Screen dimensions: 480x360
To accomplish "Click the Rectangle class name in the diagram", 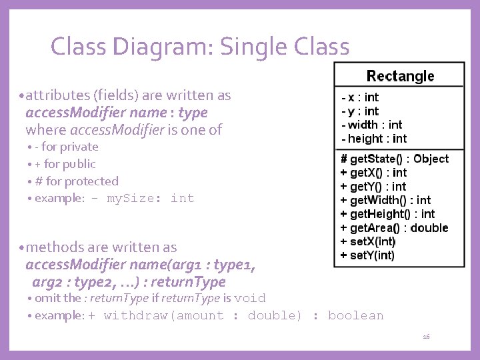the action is [x=400, y=76].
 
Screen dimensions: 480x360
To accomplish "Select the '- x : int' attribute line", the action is [x=360, y=97].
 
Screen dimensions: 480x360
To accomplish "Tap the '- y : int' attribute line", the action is [x=360, y=111].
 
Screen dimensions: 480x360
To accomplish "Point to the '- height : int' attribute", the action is [x=373, y=139].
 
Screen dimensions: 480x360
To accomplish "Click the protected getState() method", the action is [x=395, y=159].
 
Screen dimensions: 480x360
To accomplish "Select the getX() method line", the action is [x=373, y=173].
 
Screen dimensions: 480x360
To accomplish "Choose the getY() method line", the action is [x=373, y=187].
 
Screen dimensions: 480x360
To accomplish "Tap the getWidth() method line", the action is [x=385, y=200].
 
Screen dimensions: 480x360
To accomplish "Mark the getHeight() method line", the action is [x=387, y=214].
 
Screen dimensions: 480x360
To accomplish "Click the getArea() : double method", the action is [x=394, y=228].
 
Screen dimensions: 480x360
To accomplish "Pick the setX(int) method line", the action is [x=368, y=241].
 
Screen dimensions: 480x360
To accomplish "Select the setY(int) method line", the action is [x=368, y=255].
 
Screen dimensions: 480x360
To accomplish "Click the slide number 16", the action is [x=426, y=337].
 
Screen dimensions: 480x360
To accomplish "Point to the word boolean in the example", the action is [x=356, y=315].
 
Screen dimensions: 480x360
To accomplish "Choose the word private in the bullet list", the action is [x=79, y=147].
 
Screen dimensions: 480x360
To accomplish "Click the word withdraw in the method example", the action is [x=137, y=315].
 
